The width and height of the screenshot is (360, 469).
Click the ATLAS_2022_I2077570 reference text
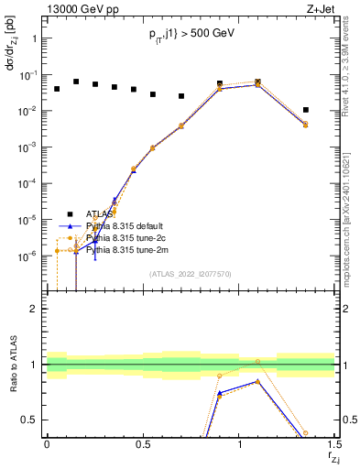click(191, 273)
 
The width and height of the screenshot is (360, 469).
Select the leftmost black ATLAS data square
click(57, 89)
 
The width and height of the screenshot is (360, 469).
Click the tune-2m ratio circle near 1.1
click(257, 362)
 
